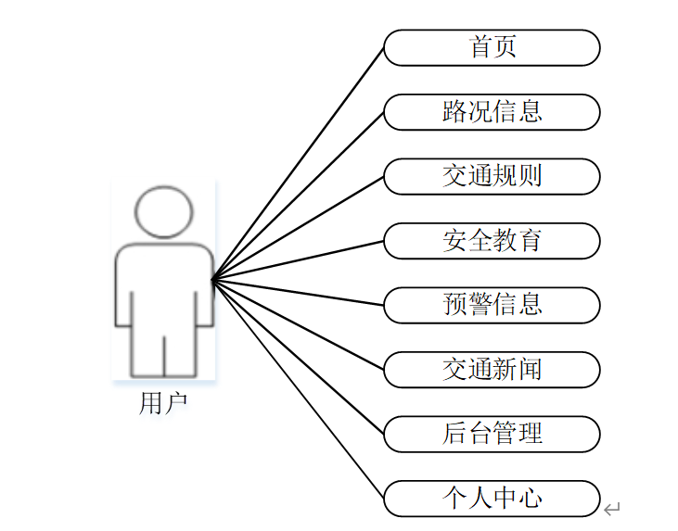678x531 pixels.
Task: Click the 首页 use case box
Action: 492,47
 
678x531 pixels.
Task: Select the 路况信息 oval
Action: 492,112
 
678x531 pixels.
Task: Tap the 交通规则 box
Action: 492,176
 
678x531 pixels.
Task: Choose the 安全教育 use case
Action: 492,241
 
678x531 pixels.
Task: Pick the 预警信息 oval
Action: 492,305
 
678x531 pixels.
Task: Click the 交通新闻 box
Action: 492,370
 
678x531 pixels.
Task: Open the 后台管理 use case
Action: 492,434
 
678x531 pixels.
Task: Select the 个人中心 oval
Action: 492,499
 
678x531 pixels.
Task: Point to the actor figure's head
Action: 164,212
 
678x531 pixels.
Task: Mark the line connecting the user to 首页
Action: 298,163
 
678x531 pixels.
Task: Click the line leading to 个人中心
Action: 298,389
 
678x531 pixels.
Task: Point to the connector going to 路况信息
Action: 298,196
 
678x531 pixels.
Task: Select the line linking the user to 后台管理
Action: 298,357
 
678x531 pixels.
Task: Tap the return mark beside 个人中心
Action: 611,508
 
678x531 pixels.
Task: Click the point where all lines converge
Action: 212,280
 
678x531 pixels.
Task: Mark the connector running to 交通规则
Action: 298,228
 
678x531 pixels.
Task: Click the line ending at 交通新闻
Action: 298,324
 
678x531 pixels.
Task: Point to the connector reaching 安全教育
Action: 298,260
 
